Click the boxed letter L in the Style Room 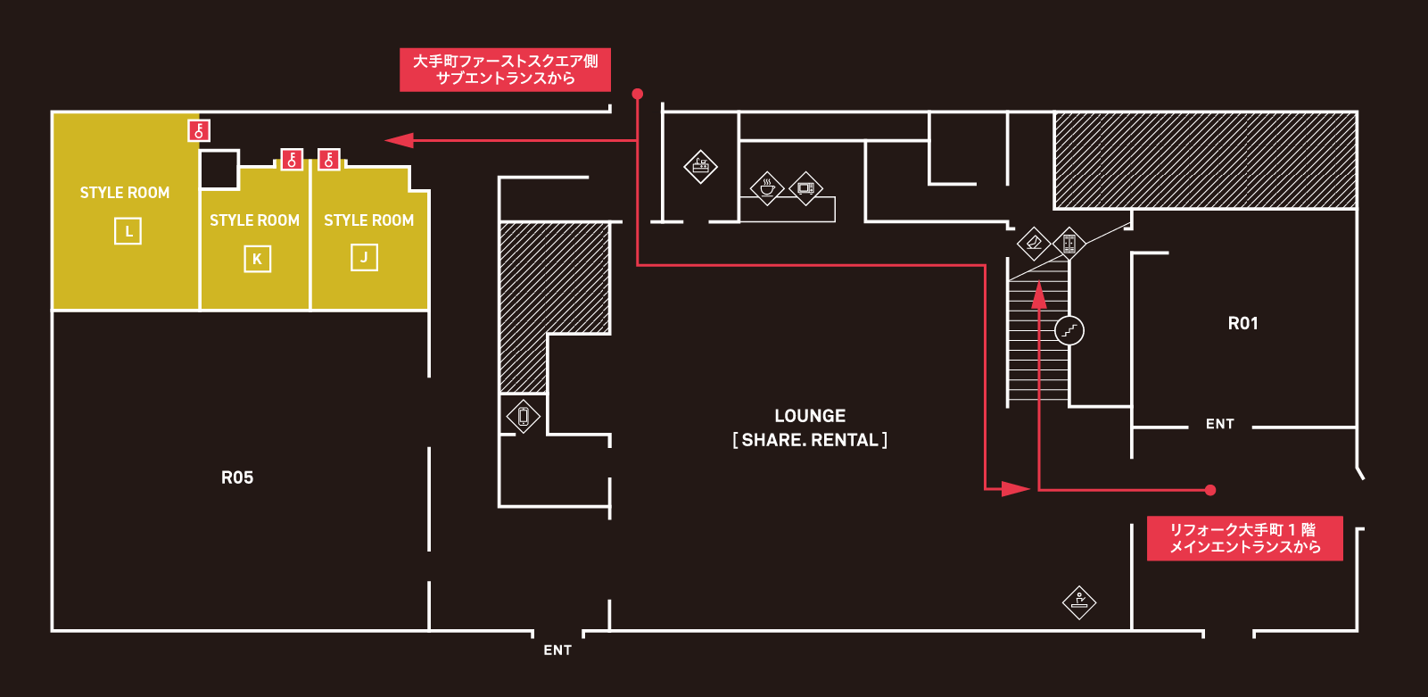[128, 232]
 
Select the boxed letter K [257, 260]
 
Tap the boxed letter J [364, 258]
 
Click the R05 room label [237, 477]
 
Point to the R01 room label [1242, 323]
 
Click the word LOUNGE [810, 416]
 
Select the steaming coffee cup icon [767, 188]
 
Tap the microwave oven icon [806, 188]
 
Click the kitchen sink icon [701, 166]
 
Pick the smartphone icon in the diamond [524, 416]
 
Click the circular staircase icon [1069, 331]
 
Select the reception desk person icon [1079, 602]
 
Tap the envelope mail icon [1034, 242]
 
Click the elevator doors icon [1069, 243]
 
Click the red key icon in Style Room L [199, 131]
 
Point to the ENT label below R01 [1219, 424]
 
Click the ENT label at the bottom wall [557, 651]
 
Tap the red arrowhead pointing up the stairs [1039, 295]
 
